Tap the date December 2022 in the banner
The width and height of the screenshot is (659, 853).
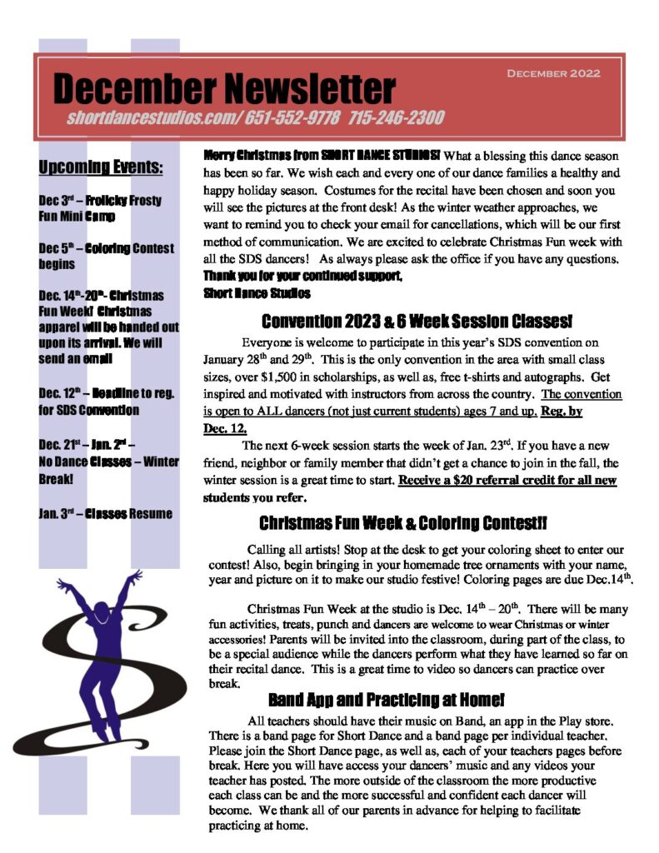pyautogui.click(x=553, y=73)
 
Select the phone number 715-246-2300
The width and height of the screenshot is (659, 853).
pyautogui.click(x=397, y=118)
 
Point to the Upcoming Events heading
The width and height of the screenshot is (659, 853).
pyautogui.click(x=101, y=167)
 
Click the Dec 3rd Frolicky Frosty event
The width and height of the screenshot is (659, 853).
pyautogui.click(x=100, y=208)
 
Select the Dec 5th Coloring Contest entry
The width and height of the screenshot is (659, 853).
pyautogui.click(x=106, y=256)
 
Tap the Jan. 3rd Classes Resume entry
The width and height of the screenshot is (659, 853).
pyautogui.click(x=105, y=513)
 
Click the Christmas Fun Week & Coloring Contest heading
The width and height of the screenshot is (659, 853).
pyautogui.click(x=403, y=524)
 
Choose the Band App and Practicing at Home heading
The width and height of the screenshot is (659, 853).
pyautogui.click(x=386, y=699)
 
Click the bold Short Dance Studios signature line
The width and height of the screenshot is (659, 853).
pyautogui.click(x=257, y=292)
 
